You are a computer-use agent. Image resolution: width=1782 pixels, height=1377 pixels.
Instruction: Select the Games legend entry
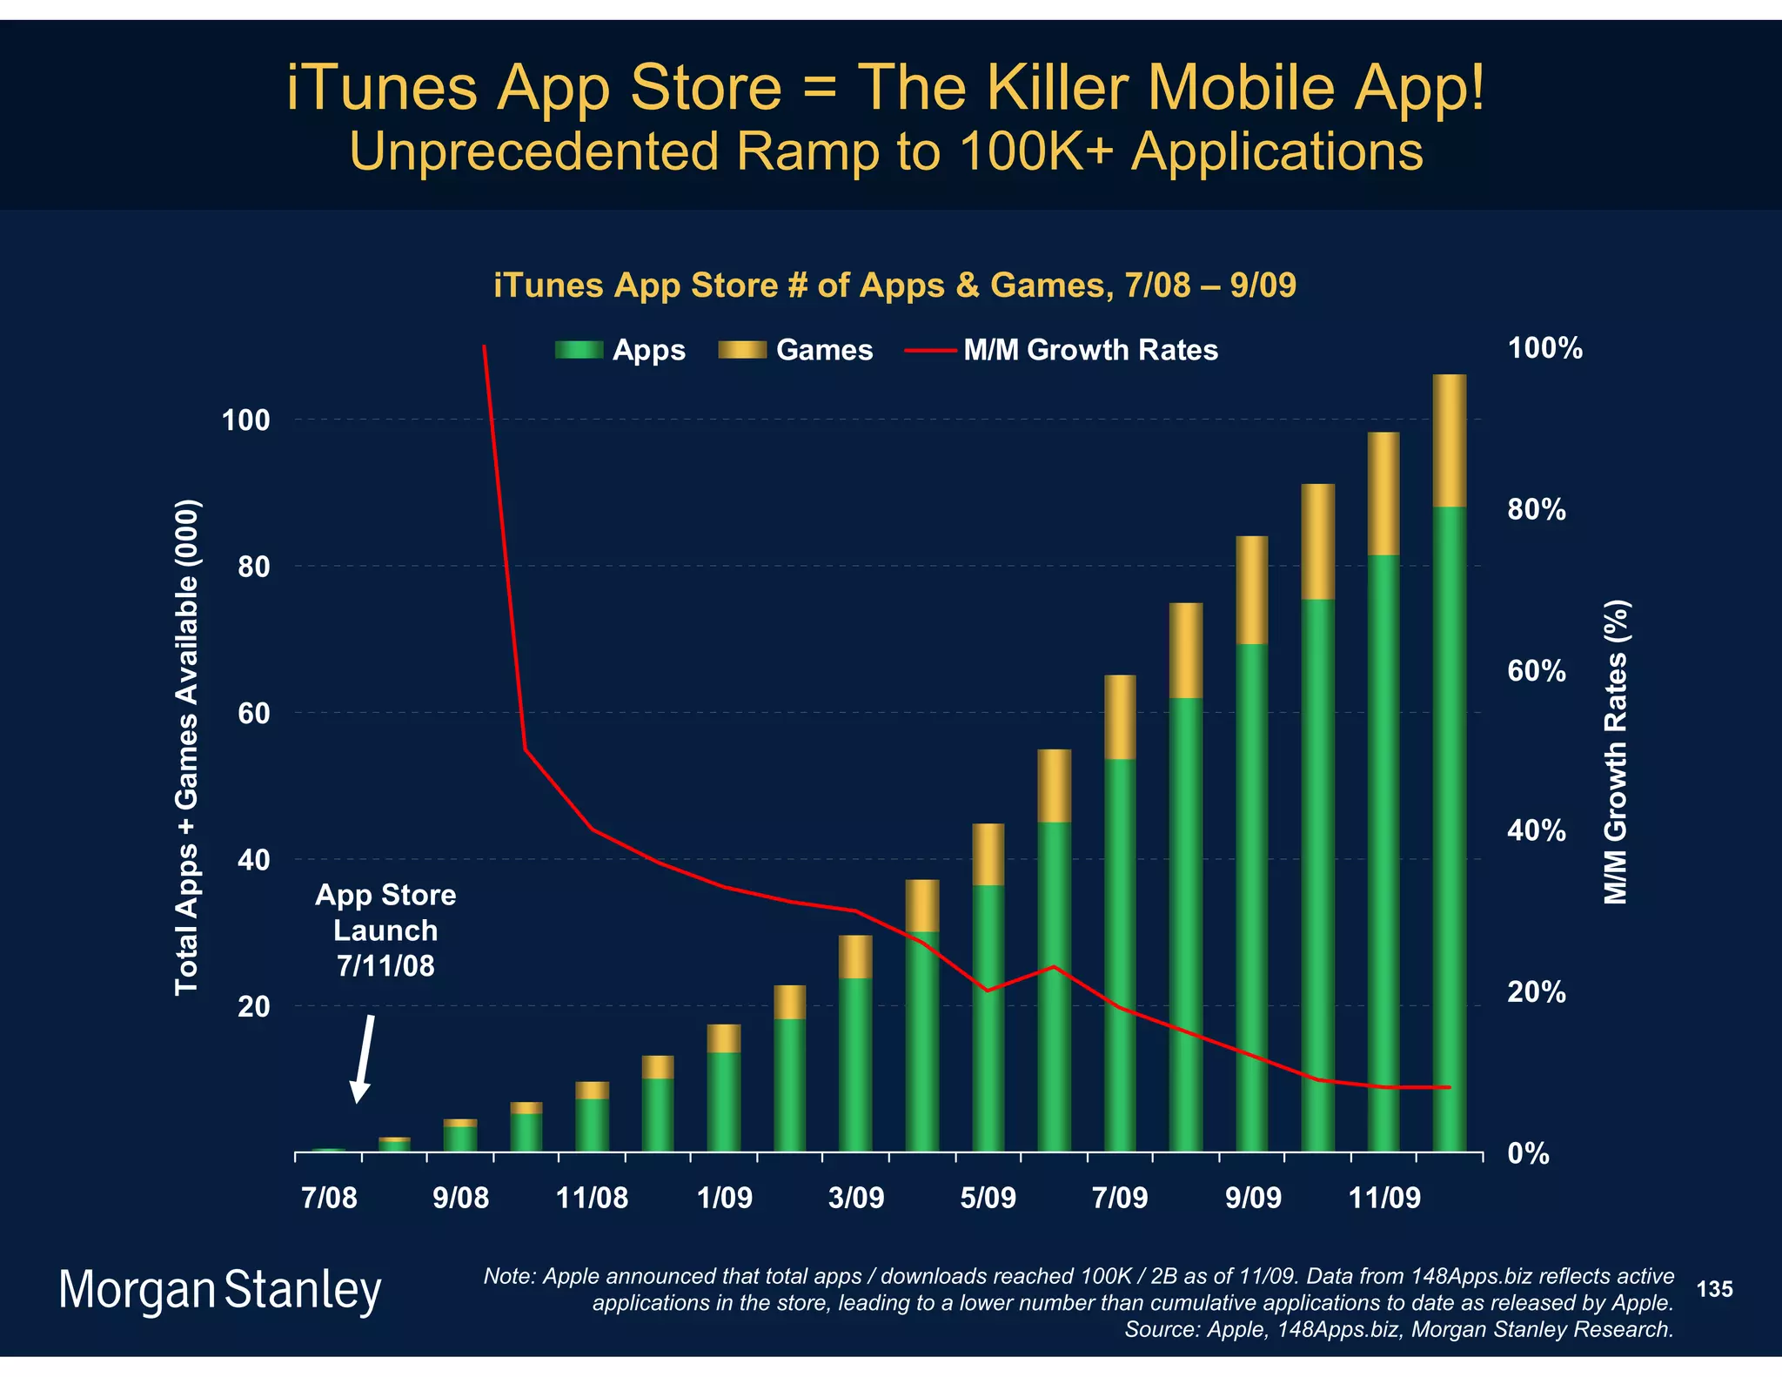796,350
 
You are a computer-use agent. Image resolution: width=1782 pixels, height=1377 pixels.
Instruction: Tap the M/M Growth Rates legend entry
1062,350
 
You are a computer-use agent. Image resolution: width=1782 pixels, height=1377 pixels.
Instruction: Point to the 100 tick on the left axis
246,420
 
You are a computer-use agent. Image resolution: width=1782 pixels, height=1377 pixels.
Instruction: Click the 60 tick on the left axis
253,714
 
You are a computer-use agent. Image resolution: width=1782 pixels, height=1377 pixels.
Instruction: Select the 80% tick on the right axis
1537,510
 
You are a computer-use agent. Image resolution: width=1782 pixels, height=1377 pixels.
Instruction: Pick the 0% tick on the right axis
1529,1154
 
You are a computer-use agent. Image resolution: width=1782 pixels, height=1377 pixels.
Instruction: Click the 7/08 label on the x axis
329,1198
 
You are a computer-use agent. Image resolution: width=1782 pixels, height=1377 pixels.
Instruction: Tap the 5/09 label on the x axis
988,1198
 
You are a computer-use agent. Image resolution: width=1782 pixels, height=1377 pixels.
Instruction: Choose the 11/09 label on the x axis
1383,1198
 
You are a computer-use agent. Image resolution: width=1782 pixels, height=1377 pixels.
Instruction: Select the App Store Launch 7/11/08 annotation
385,930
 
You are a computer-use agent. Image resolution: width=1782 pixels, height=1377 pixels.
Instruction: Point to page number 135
1714,1289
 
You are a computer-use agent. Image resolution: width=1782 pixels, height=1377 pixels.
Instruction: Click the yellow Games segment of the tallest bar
1449,440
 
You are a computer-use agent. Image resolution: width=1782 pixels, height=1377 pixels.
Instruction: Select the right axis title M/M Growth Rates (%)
1616,752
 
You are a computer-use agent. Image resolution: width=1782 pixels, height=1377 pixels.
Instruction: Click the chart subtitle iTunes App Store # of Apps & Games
894,285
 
